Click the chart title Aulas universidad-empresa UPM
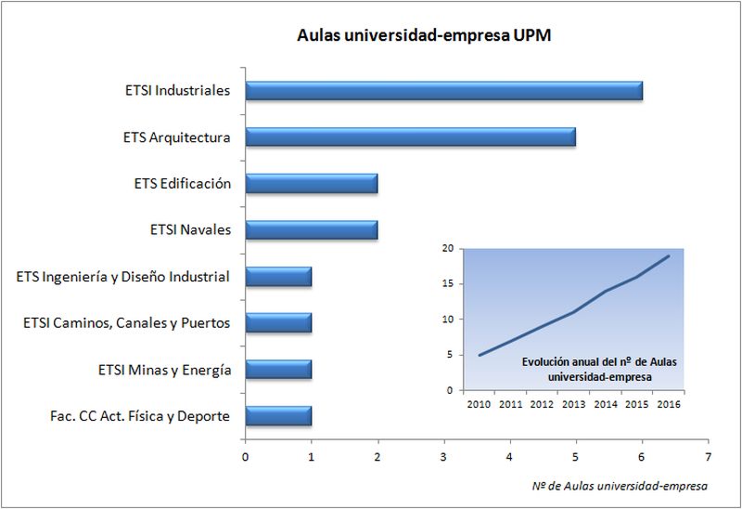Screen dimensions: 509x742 point(425,35)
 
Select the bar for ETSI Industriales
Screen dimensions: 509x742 point(443,91)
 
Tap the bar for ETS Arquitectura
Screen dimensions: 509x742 point(410,137)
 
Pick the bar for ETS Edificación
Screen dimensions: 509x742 point(311,184)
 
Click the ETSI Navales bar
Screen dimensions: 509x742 point(311,229)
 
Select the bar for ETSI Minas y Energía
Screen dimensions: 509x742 point(278,369)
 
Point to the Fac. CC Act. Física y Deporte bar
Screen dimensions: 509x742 point(278,415)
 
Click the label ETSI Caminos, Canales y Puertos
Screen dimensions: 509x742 point(126,323)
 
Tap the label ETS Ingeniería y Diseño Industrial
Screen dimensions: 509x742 point(123,277)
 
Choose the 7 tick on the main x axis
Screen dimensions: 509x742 point(708,456)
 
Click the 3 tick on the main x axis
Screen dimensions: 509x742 point(443,456)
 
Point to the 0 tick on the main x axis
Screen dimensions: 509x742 point(245,456)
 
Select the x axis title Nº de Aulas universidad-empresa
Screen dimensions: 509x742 point(620,485)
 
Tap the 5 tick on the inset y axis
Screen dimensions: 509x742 point(450,355)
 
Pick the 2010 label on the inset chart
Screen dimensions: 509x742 point(479,405)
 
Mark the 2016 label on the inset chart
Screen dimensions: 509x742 point(669,405)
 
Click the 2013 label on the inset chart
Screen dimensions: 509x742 point(573,405)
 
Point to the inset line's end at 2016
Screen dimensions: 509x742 point(669,255)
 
